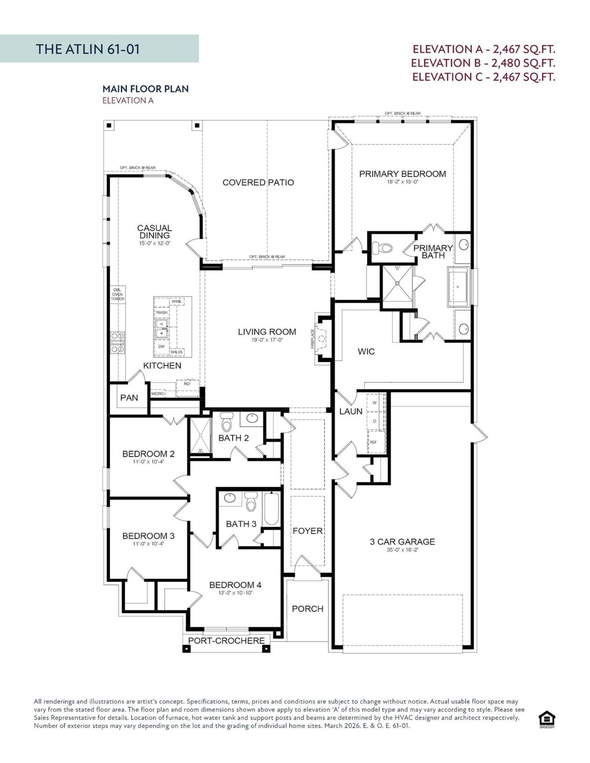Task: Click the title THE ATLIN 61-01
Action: click(87, 49)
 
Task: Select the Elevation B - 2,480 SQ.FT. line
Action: click(483, 63)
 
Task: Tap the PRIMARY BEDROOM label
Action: click(402, 174)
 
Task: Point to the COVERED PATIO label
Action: click(258, 182)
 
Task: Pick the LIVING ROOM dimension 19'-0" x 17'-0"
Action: click(267, 340)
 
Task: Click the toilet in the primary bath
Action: click(385, 247)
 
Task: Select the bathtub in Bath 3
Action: click(271, 508)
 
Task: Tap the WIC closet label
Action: click(366, 351)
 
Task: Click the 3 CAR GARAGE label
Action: click(402, 541)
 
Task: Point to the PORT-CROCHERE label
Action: click(226, 641)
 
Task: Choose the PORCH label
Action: click(307, 609)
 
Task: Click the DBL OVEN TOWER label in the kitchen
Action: click(117, 295)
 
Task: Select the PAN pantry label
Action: click(129, 397)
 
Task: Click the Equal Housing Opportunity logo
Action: click(546, 719)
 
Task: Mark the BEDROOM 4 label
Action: click(235, 585)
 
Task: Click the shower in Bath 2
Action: click(200, 436)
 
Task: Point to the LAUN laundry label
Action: click(350, 411)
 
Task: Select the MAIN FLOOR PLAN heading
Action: click(145, 89)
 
